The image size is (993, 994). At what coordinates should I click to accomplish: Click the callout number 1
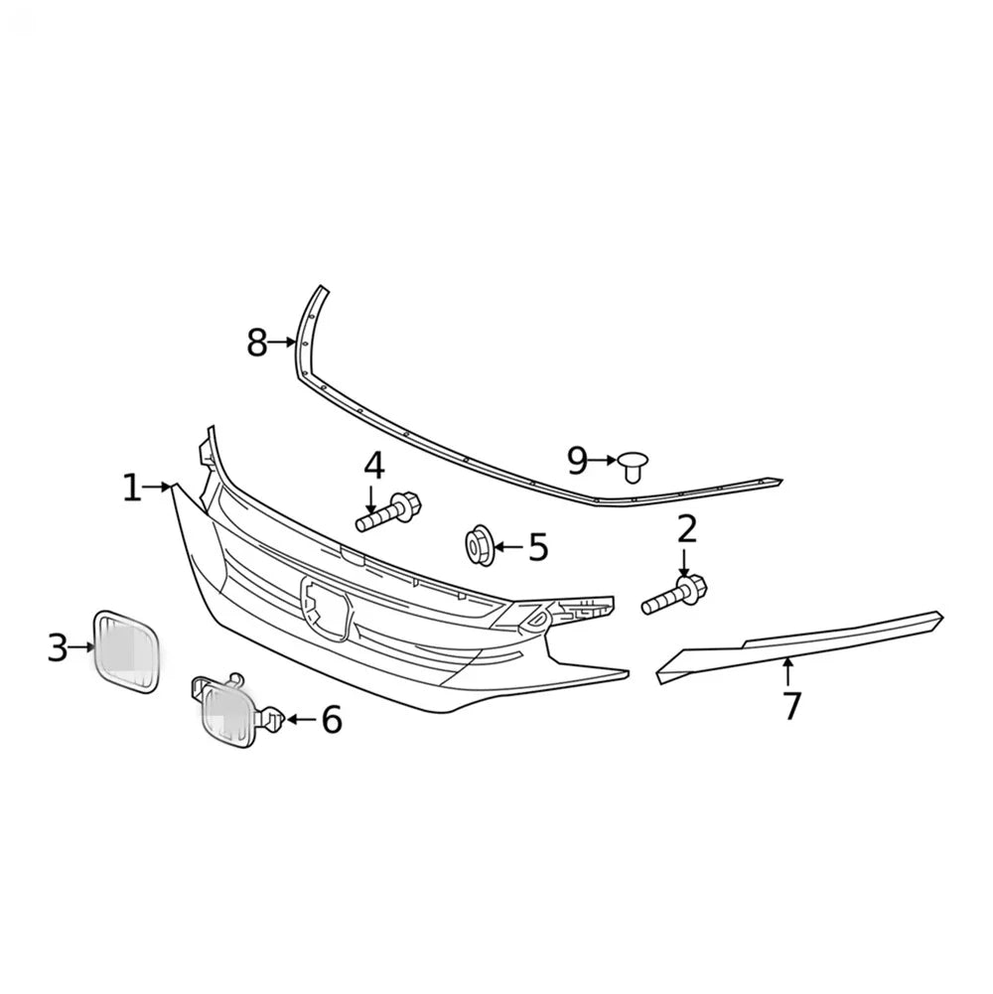coord(131,489)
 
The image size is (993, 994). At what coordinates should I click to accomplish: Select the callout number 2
coord(687,530)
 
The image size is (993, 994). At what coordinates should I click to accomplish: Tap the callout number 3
coord(58,647)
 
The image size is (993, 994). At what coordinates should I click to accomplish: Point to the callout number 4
coord(374,466)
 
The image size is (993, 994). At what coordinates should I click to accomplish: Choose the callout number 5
coord(538,547)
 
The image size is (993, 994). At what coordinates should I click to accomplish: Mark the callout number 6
coord(332,720)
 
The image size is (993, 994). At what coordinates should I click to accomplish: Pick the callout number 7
coord(790,706)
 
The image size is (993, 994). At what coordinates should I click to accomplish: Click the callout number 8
coord(256,343)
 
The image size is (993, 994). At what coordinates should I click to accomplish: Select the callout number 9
coord(577,461)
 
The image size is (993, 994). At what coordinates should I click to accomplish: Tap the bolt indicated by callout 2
coord(674,594)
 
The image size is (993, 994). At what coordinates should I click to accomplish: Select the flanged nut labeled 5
coord(480,545)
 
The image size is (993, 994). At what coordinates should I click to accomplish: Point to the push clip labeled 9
coord(634,467)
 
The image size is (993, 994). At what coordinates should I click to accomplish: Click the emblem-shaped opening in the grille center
coord(326,608)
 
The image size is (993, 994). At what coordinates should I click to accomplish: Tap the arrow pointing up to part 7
coord(787,673)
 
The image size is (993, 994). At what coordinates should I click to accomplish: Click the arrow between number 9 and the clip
coord(602,460)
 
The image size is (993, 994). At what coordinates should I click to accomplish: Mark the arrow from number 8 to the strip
coord(282,343)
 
